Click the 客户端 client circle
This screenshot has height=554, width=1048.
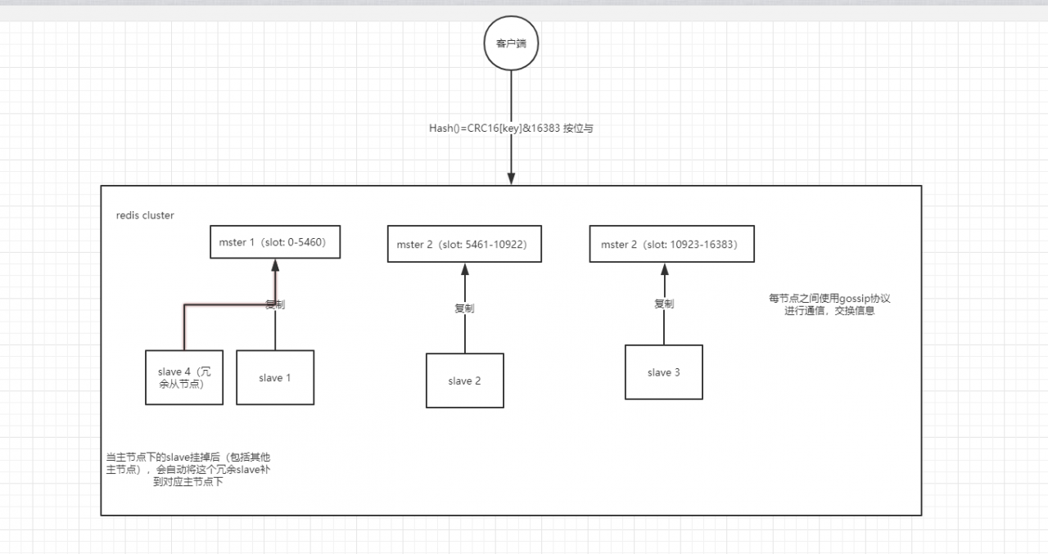click(512, 43)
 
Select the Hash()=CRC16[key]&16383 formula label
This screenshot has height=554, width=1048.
click(510, 128)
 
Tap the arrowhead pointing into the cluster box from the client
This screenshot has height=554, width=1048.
click(512, 179)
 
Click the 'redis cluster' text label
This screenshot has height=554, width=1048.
click(145, 215)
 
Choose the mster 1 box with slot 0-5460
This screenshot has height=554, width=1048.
click(274, 241)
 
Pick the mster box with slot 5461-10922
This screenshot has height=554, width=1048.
click(465, 245)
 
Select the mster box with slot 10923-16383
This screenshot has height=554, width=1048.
click(671, 245)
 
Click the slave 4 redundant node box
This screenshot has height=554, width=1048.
click(184, 378)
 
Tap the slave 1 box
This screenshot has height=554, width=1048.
click(275, 378)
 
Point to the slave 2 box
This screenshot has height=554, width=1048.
click(464, 381)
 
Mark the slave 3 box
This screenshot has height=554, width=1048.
click(663, 372)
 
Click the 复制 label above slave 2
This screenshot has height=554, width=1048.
click(464, 309)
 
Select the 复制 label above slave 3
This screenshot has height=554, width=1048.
click(664, 304)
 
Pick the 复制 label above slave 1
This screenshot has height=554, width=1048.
click(275, 304)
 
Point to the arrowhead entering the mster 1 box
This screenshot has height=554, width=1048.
click(274, 266)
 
